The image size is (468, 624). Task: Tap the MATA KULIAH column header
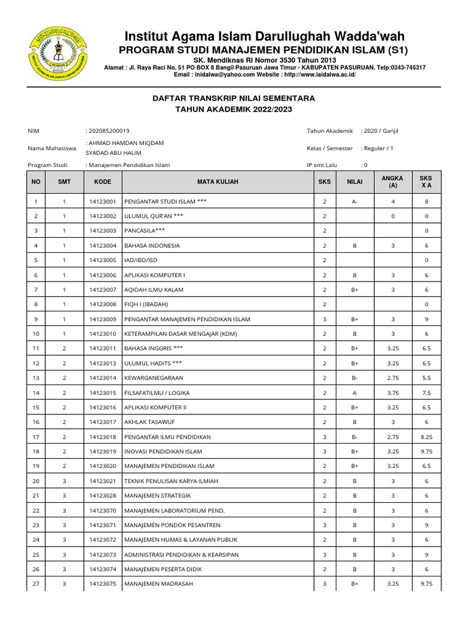[x=218, y=182]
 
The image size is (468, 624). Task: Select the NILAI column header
[x=355, y=182]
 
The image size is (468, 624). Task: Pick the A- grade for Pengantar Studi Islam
[x=355, y=202]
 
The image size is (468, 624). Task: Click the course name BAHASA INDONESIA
[x=152, y=246]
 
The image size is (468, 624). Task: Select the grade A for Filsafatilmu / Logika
[x=355, y=392]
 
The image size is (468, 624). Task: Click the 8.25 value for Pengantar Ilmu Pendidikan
[x=427, y=436]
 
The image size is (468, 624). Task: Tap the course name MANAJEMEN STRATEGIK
[x=157, y=495]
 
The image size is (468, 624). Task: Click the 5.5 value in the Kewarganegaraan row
[x=427, y=378]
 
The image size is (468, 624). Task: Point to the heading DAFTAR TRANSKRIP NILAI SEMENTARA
[x=233, y=98]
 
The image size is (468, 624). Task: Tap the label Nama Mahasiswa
[x=52, y=148]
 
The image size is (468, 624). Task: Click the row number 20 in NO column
[x=36, y=481]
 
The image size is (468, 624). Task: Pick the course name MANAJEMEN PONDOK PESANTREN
[x=172, y=525]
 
